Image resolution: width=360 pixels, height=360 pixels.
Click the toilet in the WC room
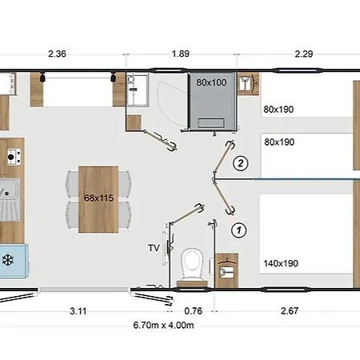(192, 266)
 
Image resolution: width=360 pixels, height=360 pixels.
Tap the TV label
(154, 248)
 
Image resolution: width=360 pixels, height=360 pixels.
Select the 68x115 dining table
(98, 199)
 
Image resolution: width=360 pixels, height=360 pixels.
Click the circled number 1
(238, 230)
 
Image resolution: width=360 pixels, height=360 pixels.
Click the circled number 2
(241, 163)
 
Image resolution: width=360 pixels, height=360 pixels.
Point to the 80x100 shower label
(211, 82)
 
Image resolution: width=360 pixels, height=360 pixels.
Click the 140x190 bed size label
(281, 263)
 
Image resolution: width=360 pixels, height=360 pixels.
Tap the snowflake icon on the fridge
(8, 260)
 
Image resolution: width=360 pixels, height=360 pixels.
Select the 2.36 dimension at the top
(57, 54)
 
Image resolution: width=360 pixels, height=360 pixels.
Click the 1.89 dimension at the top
(181, 54)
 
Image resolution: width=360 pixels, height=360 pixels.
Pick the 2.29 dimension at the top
(304, 54)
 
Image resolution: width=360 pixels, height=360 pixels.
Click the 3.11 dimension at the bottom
(78, 311)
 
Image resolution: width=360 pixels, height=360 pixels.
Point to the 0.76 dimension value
(194, 311)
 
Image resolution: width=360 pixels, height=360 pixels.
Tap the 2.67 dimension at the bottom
(290, 311)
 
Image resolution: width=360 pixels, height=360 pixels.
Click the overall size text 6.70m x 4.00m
(163, 325)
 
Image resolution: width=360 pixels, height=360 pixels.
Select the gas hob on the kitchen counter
(14, 157)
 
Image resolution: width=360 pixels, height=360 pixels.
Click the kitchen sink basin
(9, 190)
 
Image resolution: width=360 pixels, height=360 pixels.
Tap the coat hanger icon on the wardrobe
(227, 261)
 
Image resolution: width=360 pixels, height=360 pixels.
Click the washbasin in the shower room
(137, 90)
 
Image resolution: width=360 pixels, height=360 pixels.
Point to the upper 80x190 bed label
(278, 110)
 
